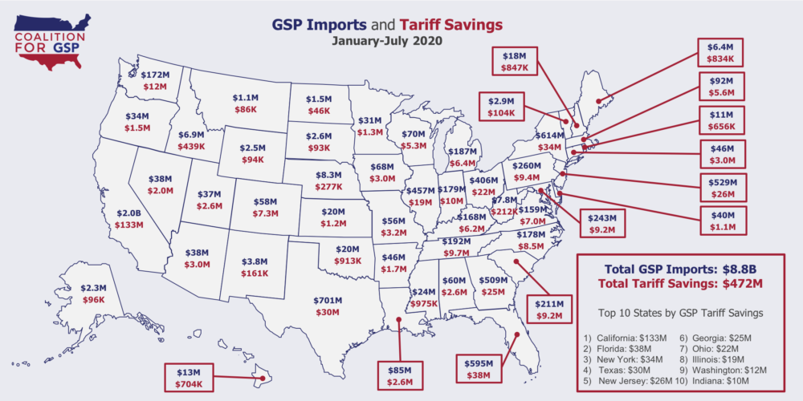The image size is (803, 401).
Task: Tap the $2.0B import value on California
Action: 128,214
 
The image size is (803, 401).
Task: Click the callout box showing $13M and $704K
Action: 193,377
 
